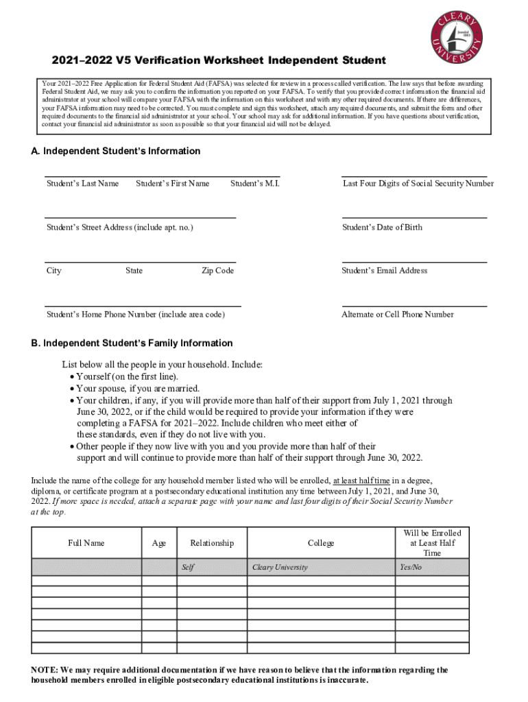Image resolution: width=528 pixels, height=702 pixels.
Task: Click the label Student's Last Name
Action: click(x=82, y=184)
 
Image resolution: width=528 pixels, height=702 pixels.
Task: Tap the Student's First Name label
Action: click(x=173, y=184)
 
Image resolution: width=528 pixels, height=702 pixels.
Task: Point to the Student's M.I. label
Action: click(x=255, y=184)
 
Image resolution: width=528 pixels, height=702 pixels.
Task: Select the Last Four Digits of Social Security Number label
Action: click(x=418, y=184)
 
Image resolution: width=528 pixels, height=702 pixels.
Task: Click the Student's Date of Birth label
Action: click(x=382, y=228)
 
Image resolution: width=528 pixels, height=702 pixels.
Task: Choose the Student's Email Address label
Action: click(x=384, y=271)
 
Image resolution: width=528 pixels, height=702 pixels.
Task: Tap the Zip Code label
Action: click(x=217, y=271)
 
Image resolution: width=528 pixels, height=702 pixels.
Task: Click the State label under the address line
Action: click(x=134, y=271)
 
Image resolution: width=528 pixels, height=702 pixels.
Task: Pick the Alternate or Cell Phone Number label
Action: click(x=397, y=315)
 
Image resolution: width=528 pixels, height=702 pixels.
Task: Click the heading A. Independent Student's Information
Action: click(x=116, y=151)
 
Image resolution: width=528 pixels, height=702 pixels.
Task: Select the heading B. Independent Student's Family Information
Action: click(x=132, y=343)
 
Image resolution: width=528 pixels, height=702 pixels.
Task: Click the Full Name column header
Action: click(x=86, y=543)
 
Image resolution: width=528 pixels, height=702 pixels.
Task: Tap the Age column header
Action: click(x=159, y=543)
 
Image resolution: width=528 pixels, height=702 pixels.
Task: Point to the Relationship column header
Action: click(x=212, y=543)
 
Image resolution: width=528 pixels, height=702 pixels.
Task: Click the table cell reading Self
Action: click(x=187, y=568)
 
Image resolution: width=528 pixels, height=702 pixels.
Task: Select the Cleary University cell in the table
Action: click(x=280, y=568)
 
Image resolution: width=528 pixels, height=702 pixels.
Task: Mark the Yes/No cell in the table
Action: click(x=411, y=568)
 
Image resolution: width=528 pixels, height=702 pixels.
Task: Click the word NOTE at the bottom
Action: click(x=45, y=670)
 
